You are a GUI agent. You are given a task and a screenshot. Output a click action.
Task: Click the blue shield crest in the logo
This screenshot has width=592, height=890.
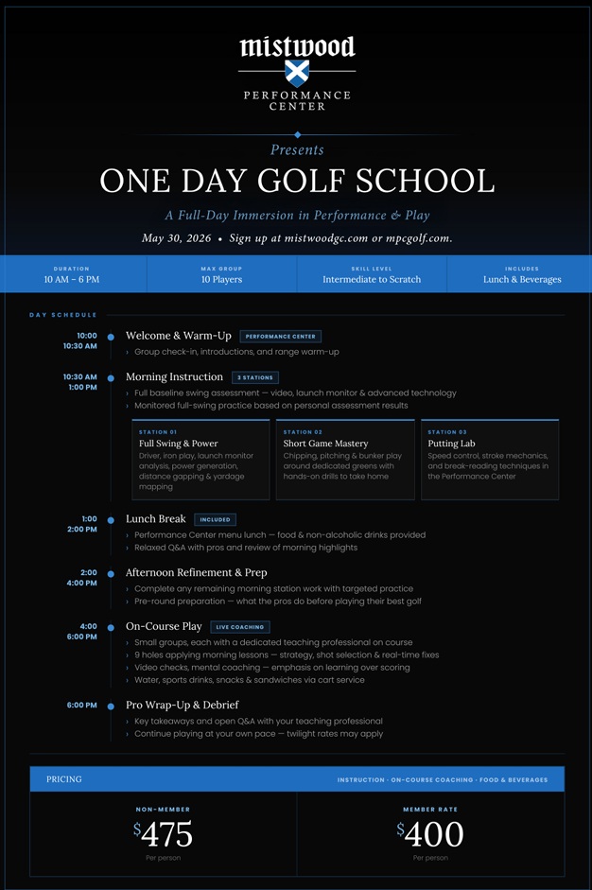(297, 73)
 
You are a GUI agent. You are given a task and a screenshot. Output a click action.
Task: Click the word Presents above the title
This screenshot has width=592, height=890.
(297, 149)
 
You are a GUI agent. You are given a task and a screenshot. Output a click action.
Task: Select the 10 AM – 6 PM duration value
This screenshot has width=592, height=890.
(72, 280)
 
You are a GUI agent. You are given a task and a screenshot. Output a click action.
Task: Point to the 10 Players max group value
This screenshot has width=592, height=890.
(221, 280)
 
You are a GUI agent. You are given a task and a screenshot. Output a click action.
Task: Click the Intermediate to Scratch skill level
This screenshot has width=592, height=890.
(372, 280)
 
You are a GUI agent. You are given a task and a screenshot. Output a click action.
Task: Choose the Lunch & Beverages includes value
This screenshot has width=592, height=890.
(522, 280)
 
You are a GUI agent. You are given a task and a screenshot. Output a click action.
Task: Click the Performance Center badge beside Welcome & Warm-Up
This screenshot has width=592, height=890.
(281, 337)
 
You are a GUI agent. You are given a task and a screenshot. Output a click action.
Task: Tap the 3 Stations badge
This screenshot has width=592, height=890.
(254, 377)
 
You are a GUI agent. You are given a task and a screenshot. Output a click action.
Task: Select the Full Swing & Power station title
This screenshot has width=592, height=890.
(179, 444)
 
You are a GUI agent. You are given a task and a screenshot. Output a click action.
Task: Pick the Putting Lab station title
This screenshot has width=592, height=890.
(451, 444)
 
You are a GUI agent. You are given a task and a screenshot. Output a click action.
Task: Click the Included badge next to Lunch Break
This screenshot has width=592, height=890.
(215, 519)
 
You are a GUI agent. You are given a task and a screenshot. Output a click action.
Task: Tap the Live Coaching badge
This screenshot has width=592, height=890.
(240, 627)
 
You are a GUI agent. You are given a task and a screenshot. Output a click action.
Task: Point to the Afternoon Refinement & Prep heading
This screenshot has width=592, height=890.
(196, 572)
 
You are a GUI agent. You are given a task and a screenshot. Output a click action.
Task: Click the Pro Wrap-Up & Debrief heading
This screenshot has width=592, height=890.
(182, 705)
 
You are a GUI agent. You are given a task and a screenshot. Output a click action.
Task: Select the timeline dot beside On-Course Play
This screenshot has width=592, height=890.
(111, 627)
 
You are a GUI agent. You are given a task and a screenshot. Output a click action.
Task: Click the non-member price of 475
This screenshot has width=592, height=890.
(164, 834)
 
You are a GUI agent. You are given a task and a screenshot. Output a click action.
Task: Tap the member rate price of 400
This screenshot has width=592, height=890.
(430, 834)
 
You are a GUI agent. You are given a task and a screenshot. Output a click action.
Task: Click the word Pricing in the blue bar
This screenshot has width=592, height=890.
(64, 779)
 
